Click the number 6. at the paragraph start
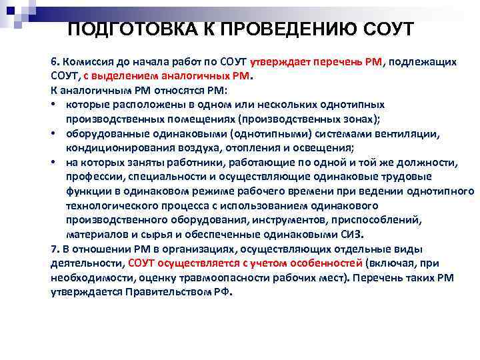pyautogui.click(x=55, y=61)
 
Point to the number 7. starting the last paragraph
pyautogui.click(x=55, y=248)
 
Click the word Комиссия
pyautogui.click(x=89, y=61)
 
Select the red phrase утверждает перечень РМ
pyautogui.click(x=315, y=61)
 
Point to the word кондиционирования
pyautogui.click(x=117, y=147)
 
